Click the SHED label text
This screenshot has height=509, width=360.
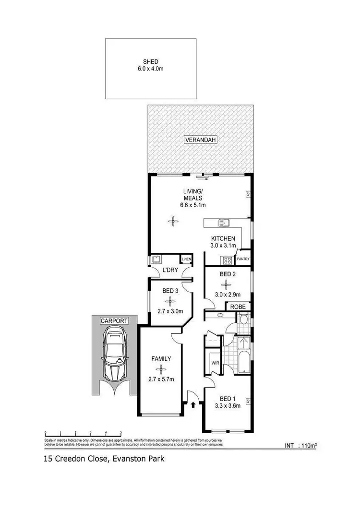tap(150, 61)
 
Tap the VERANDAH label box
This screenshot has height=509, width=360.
tap(201, 140)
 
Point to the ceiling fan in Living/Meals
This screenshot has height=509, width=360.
tap(172, 221)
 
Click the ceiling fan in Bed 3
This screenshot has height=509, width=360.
tap(170, 301)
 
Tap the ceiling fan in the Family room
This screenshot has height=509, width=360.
tap(161, 369)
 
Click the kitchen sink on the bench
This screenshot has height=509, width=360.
tap(224, 222)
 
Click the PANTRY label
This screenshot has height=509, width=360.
tap(243, 259)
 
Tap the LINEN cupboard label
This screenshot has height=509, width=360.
tap(186, 260)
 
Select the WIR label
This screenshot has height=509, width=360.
tap(215, 363)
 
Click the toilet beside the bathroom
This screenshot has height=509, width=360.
tap(243, 320)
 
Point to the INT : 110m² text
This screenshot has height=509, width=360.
tap(300, 446)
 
